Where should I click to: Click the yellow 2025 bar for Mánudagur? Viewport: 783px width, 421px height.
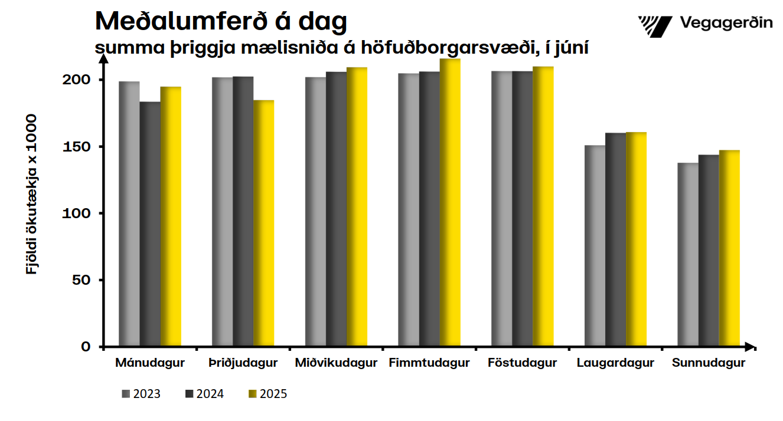point(171,216)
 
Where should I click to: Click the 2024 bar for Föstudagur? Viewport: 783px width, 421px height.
point(523,209)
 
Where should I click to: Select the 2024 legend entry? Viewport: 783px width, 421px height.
point(204,394)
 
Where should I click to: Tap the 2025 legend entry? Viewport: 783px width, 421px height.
point(267,394)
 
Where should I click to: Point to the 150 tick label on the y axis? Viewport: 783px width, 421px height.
point(77,146)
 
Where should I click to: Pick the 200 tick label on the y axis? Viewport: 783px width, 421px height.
point(77,80)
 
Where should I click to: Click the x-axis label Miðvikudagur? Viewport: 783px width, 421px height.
point(336,363)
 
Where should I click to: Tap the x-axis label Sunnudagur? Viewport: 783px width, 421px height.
point(709,363)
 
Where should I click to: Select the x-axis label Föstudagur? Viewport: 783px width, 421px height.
point(522,363)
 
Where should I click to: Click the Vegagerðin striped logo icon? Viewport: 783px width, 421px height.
point(655,25)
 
